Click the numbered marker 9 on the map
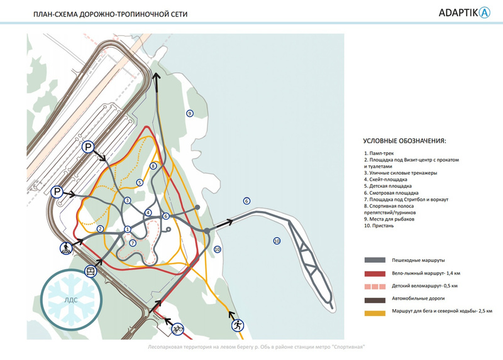(x=189, y=112)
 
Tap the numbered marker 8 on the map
(x=153, y=166)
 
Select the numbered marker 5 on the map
(x=140, y=182)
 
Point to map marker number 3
(x=127, y=201)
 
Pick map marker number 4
(x=148, y=212)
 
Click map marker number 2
(x=100, y=229)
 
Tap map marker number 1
(x=127, y=229)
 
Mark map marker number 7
(x=132, y=243)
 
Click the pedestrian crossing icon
(x=65, y=248)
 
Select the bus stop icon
(x=91, y=271)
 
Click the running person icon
(x=238, y=325)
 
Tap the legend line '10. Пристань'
(x=379, y=225)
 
